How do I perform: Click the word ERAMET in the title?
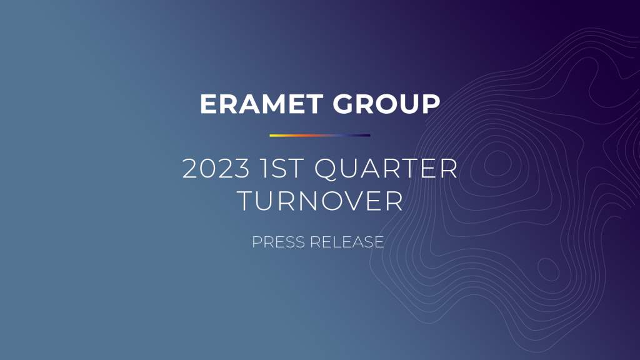[x=262, y=104]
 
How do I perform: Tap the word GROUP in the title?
[x=386, y=104]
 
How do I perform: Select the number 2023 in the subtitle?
[x=216, y=168]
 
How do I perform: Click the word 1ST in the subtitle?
[x=282, y=168]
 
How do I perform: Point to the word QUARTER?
[x=386, y=169]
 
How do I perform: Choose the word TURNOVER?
[x=320, y=201]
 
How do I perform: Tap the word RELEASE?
[x=347, y=242]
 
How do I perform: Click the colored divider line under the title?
[x=320, y=136]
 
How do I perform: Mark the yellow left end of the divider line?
[x=270, y=136]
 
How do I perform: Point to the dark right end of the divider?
[x=370, y=136]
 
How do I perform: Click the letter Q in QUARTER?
[x=326, y=169]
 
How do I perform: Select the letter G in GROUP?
[x=344, y=104]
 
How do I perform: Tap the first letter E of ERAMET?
[x=208, y=104]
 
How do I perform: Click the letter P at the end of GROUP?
[x=431, y=104]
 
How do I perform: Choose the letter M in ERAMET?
[x=272, y=104]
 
